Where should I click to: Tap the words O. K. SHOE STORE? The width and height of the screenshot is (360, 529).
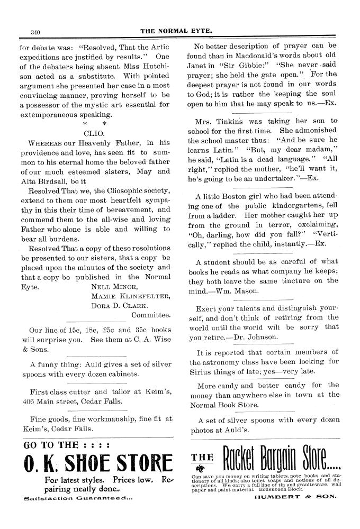coord(98,463)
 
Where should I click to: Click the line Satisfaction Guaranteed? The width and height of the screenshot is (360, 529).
coord(78,498)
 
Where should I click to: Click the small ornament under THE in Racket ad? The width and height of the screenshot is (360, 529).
coord(199,467)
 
